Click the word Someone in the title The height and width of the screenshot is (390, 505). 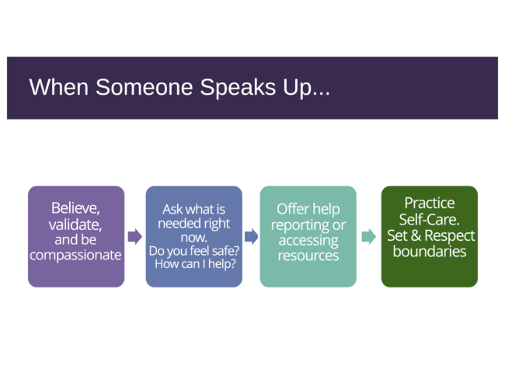tap(145, 87)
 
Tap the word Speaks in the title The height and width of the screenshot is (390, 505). tap(238, 88)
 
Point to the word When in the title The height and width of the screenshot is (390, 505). tap(59, 87)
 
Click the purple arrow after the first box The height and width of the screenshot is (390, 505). tap(135, 237)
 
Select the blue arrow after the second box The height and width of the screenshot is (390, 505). tap(251, 237)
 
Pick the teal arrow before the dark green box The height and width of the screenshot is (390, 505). tap(369, 237)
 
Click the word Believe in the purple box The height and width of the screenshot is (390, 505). tap(75, 208)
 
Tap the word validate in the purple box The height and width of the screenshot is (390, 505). tap(75, 225)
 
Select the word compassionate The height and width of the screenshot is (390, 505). tap(75, 256)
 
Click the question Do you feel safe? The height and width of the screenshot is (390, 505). tap(194, 251)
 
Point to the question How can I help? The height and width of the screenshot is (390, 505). tap(195, 264)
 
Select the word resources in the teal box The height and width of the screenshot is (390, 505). tap(308, 256)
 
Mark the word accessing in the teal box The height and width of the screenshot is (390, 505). tap(308, 241)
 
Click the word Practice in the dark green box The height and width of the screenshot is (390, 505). tap(430, 204)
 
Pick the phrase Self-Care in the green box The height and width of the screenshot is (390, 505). tap(429, 220)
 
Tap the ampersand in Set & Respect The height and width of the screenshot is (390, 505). tap(416, 235)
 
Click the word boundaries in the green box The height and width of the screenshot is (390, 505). tap(430, 252)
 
